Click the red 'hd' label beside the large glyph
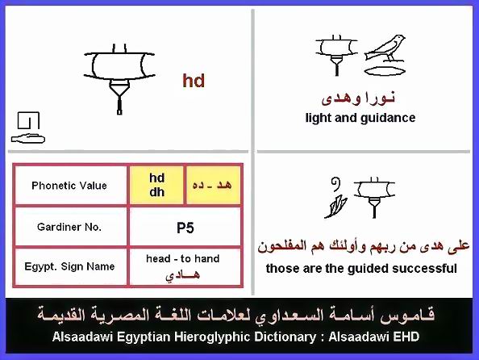[194, 81]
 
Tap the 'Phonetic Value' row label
[69, 186]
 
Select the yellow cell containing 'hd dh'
[156, 185]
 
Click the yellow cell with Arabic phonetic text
[213, 185]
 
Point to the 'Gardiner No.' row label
[69, 227]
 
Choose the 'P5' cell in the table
[185, 228]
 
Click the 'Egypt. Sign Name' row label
[69, 266]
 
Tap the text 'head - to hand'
[183, 259]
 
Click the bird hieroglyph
[385, 49]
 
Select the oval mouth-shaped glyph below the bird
[385, 71]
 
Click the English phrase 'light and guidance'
[360, 118]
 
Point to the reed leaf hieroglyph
[335, 207]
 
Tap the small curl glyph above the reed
[336, 184]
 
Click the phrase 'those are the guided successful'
[361, 269]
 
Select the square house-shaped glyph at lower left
[28, 120]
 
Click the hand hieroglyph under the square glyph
[28, 139]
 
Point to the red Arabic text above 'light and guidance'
[358, 98]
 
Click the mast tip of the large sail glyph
[119, 112]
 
